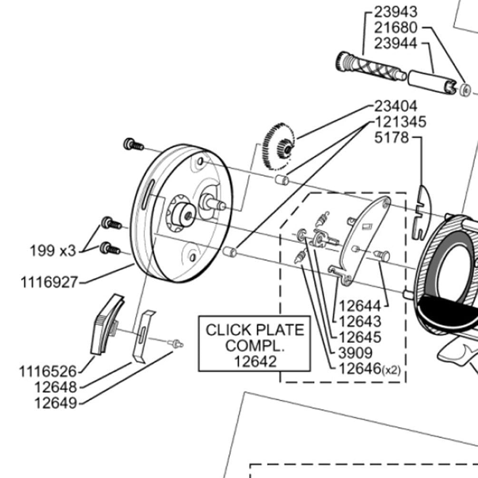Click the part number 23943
pos(395,11)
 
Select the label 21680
pos(395,27)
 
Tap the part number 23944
pos(395,43)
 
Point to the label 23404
pos(395,106)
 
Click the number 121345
pos(400,122)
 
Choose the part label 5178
pos(391,138)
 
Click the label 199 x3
pos(53,251)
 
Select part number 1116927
pos(49,282)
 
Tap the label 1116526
pos(48,371)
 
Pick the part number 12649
pos(55,403)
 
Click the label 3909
pos(355,352)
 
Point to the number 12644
pos(360,305)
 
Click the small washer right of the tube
pos(466,89)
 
